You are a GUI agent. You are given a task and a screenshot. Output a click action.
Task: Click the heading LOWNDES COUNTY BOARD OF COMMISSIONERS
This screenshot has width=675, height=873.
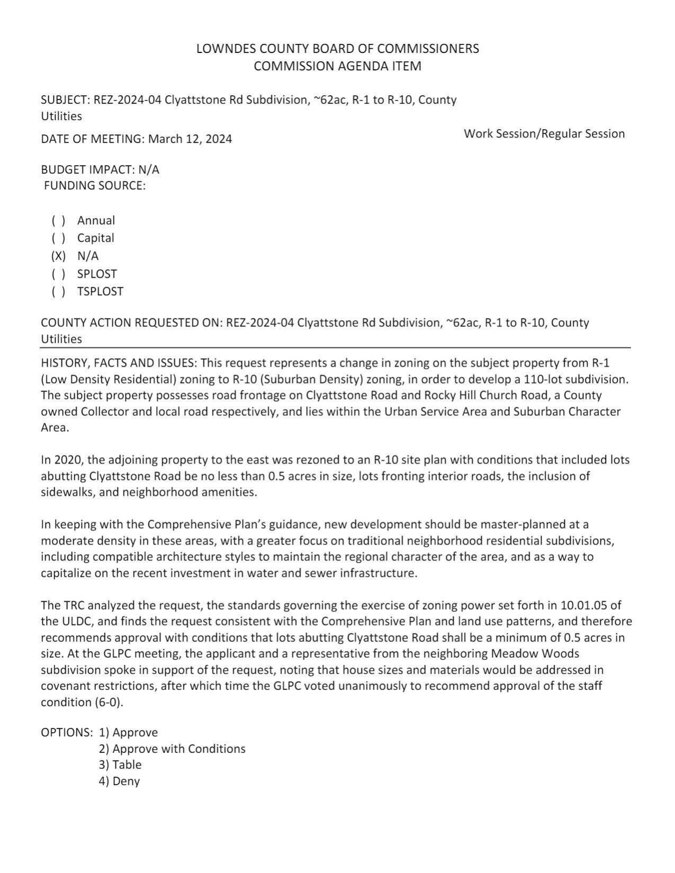pos(337,49)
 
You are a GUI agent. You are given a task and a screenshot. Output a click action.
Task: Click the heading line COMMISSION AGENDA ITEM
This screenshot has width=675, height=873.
pos(337,66)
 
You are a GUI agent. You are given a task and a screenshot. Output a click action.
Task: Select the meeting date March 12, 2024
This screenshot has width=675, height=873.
pos(190,139)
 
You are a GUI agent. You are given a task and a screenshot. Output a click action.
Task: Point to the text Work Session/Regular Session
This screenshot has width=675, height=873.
pos(544,134)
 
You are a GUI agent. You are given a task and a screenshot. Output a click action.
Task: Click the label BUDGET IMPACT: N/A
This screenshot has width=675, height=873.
pos(100,170)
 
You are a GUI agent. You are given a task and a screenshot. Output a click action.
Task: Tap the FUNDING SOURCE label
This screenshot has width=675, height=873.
pos(95,186)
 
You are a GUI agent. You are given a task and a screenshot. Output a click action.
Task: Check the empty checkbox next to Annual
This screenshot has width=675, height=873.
pos(58,221)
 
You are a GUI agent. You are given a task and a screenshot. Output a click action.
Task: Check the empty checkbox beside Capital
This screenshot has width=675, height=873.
pos(58,238)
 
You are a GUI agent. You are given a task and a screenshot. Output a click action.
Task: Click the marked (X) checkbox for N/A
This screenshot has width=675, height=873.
pos(58,256)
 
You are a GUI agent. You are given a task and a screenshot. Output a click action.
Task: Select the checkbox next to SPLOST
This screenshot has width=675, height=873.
pos(58,274)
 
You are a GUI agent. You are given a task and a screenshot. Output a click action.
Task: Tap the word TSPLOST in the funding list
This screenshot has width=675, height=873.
pos(100,292)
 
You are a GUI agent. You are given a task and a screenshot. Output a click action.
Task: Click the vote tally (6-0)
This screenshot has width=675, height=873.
pos(108,702)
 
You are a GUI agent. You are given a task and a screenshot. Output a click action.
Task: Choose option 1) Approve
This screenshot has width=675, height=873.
pos(128,732)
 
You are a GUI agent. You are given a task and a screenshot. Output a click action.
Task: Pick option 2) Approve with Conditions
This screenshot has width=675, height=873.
pos(172,749)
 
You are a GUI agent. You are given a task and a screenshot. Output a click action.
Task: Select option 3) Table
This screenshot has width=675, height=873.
pos(120,765)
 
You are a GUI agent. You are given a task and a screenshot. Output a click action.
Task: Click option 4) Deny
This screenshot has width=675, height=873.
pos(119,781)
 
